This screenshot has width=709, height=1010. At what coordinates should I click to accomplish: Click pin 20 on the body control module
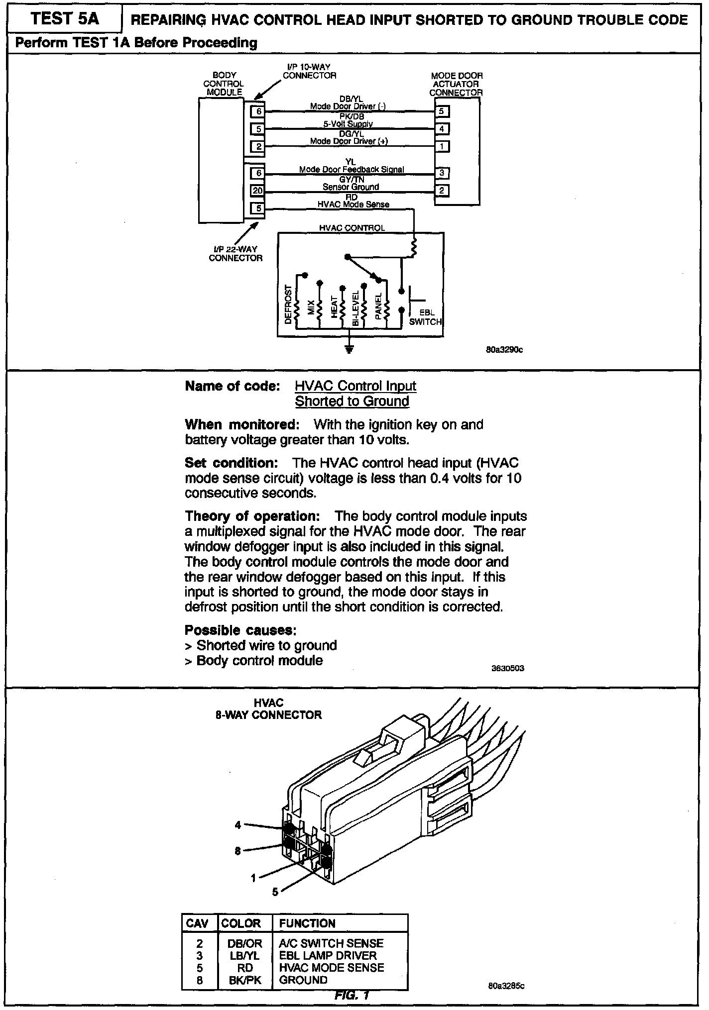257,191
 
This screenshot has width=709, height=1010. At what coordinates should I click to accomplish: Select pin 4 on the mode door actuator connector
442,129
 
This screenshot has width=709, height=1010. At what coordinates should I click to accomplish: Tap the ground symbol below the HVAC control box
350,349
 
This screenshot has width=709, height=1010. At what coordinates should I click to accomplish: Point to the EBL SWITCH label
425,317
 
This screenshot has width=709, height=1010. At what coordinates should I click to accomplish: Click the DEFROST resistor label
288,304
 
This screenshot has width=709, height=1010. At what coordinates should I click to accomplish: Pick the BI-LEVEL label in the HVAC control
355,308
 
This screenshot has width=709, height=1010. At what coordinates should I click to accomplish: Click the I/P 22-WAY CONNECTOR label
236,254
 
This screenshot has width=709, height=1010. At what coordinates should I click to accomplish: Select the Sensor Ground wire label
351,187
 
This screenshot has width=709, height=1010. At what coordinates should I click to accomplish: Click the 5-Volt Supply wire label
348,124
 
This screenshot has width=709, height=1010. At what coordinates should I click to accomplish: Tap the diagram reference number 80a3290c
504,350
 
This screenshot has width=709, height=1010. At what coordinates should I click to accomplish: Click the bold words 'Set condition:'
231,463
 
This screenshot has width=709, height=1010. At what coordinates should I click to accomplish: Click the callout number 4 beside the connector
238,825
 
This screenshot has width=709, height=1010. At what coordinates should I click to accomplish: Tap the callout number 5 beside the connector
275,892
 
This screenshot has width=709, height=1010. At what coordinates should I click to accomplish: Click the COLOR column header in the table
241,923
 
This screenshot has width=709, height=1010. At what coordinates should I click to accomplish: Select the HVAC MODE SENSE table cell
332,968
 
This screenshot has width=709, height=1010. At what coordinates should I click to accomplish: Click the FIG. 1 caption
352,995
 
